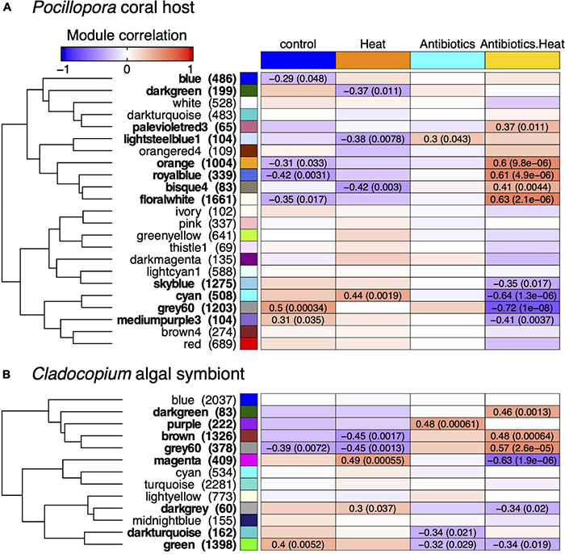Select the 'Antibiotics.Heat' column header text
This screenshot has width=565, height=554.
click(x=522, y=43)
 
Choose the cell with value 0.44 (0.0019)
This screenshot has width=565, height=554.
click(x=372, y=295)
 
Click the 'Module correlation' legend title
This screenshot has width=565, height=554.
click(x=125, y=36)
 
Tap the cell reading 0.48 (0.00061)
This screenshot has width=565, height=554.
click(x=447, y=425)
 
